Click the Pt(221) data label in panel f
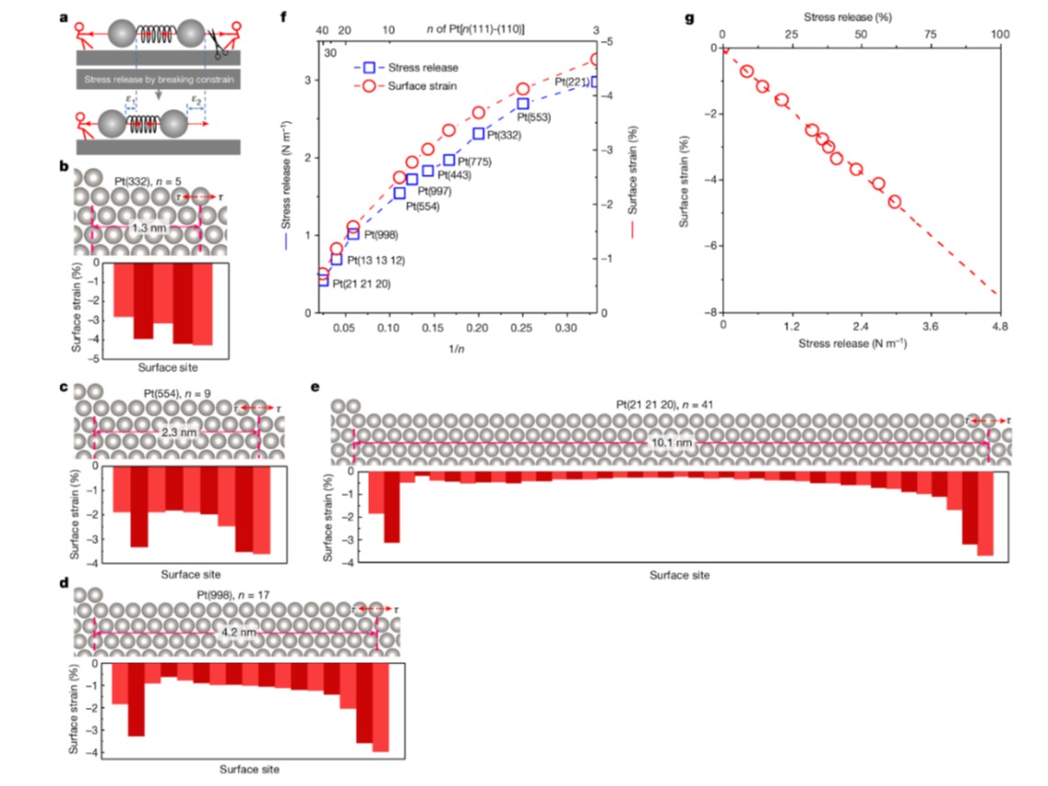(x=572, y=82)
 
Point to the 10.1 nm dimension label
(x=670, y=442)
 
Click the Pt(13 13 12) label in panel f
(x=376, y=260)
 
